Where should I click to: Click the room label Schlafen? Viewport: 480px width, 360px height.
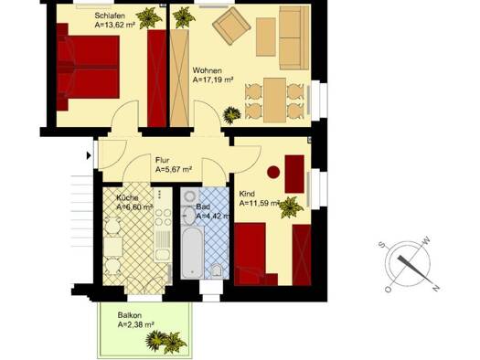click(x=110, y=16)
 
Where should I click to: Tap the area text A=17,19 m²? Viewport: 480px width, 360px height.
click(x=213, y=80)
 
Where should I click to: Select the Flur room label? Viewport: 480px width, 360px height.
click(x=162, y=160)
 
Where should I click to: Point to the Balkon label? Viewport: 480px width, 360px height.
click(x=130, y=315)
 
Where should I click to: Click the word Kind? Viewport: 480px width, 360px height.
click(x=247, y=194)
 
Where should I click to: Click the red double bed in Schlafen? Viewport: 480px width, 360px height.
click(x=88, y=67)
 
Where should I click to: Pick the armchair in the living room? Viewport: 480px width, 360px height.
click(x=231, y=26)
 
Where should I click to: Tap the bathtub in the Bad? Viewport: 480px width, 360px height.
click(x=192, y=251)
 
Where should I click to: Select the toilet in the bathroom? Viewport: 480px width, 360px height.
click(x=218, y=270)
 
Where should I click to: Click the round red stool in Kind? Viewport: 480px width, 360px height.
click(x=273, y=172)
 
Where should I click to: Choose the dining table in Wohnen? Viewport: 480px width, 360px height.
click(x=274, y=101)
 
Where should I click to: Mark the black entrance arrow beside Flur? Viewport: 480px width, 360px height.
click(x=89, y=155)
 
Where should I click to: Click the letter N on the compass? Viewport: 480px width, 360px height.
click(x=436, y=288)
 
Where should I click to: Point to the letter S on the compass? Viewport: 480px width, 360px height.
click(x=381, y=244)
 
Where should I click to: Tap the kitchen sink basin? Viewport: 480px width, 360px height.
click(x=163, y=255)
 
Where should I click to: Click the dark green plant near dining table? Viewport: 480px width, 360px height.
click(x=231, y=115)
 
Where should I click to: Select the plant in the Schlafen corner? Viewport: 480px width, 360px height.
click(x=149, y=17)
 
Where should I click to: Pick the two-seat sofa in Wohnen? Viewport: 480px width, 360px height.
click(x=294, y=37)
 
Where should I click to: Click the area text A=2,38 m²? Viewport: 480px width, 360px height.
click(x=136, y=324)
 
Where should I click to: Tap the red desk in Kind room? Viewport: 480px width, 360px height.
click(x=294, y=174)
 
